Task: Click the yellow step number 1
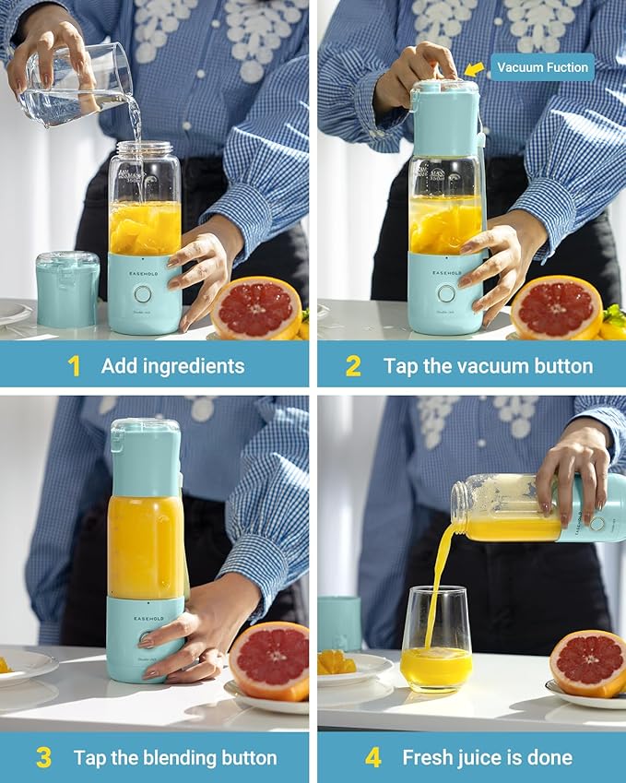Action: pos(74,366)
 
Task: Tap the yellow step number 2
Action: pos(353,366)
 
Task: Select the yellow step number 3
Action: pos(43,758)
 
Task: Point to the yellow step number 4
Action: pos(372,758)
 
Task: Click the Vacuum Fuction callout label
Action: pos(542,67)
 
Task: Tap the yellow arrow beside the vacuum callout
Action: pos(474,68)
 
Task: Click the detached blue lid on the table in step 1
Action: pos(67,288)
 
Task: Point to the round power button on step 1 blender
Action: pos(143,294)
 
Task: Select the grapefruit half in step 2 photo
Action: pos(556,308)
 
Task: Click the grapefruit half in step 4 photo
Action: pos(588,663)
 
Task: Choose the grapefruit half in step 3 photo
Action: pos(269,659)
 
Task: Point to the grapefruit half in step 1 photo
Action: pos(256,308)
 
